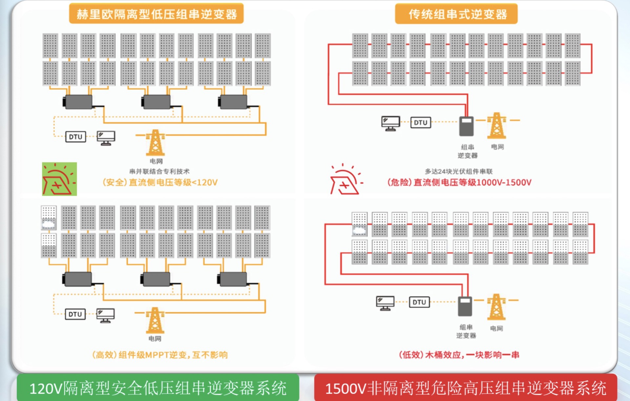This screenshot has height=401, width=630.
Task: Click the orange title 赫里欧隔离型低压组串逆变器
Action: click(x=156, y=14)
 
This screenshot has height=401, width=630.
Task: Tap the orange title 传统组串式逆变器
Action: click(x=456, y=14)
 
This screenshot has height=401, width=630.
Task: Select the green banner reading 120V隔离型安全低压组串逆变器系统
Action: click(x=158, y=388)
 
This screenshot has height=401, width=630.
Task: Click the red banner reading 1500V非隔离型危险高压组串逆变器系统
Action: click(x=465, y=388)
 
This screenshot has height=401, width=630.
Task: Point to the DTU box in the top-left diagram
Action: click(x=75, y=137)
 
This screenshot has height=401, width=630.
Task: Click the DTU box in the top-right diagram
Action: click(x=420, y=123)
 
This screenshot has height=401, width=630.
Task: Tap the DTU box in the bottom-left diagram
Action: click(x=75, y=314)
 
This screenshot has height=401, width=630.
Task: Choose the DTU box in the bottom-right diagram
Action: click(x=419, y=302)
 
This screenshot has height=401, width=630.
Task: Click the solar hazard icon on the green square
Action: click(x=59, y=179)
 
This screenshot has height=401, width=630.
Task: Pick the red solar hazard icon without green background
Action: click(x=346, y=179)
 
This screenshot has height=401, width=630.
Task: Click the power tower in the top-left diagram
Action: click(x=155, y=142)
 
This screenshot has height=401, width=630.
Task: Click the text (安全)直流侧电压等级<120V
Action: click(x=160, y=182)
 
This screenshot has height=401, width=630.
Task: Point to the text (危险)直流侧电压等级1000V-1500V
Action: click(x=459, y=182)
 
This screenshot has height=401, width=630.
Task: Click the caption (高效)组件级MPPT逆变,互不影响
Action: click(x=160, y=355)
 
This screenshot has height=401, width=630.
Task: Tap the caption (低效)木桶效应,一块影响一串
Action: click(x=459, y=355)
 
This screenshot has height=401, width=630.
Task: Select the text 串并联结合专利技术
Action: click(x=159, y=171)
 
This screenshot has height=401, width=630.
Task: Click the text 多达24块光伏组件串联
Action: click(x=458, y=171)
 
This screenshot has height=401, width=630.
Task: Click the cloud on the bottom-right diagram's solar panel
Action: click(x=359, y=231)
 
